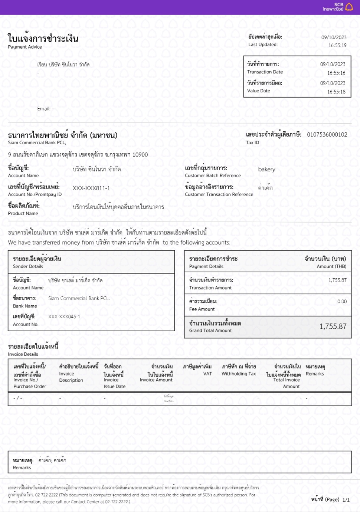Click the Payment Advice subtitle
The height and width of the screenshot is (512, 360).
coord(25,47)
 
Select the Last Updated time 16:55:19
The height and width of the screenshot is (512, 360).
coord(337,45)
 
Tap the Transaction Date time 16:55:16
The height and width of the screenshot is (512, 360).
coord(336,73)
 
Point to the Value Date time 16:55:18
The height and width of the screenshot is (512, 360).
coord(336,92)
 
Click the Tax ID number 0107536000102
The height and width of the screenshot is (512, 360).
coord(327,134)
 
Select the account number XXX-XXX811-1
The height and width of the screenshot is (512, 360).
coord(91,188)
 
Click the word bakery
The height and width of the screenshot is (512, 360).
coord(266,169)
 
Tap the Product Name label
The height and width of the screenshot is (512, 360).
coord(23,213)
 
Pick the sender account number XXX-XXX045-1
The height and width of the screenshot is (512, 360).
coord(64,316)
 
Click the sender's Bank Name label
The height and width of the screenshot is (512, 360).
coord(25,306)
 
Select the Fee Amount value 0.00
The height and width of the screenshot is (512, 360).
coord(342,301)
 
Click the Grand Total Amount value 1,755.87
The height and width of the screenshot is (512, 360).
coord(333,326)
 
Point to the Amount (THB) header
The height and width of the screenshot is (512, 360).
coord(331,266)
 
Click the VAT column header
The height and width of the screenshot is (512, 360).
coord(207,374)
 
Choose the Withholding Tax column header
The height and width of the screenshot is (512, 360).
coord(239,374)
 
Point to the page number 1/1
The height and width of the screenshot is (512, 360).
coord(346,500)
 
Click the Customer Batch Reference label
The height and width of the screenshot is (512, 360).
coord(213,175)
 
